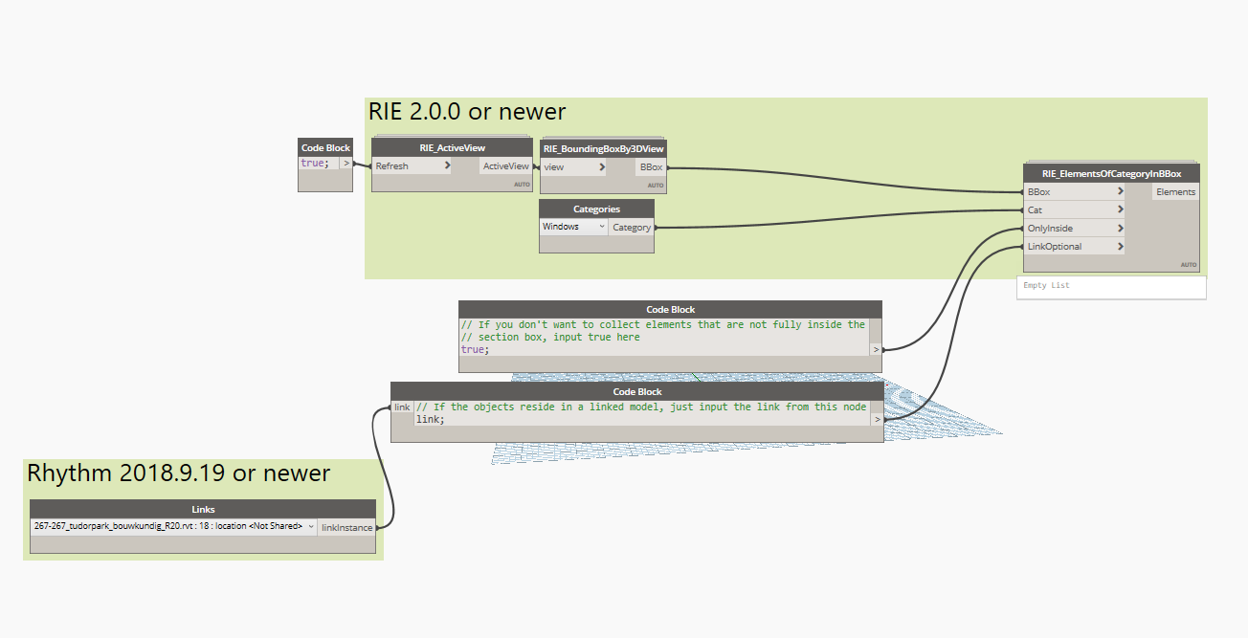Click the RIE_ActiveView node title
pyautogui.click(x=451, y=147)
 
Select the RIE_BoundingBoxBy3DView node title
pyautogui.click(x=603, y=148)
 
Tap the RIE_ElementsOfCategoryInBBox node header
pyautogui.click(x=1110, y=173)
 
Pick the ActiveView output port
pyautogui.click(x=505, y=165)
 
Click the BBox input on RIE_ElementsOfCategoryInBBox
pyautogui.click(x=1073, y=192)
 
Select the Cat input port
pyautogui.click(x=1073, y=210)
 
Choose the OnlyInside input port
pyautogui.click(x=1073, y=229)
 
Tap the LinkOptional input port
pyautogui.click(x=1073, y=247)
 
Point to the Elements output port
pyautogui.click(x=1175, y=192)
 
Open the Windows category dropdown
pyautogui.click(x=574, y=227)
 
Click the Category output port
pyautogui.click(x=632, y=228)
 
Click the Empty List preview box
pyautogui.click(x=1110, y=286)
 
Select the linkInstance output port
pyautogui.click(x=346, y=527)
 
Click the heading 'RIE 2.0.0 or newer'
pyautogui.click(x=467, y=112)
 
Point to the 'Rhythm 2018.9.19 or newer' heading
pyautogui.click(x=178, y=473)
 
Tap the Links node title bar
pyautogui.click(x=202, y=509)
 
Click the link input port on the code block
pyautogui.click(x=402, y=407)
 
